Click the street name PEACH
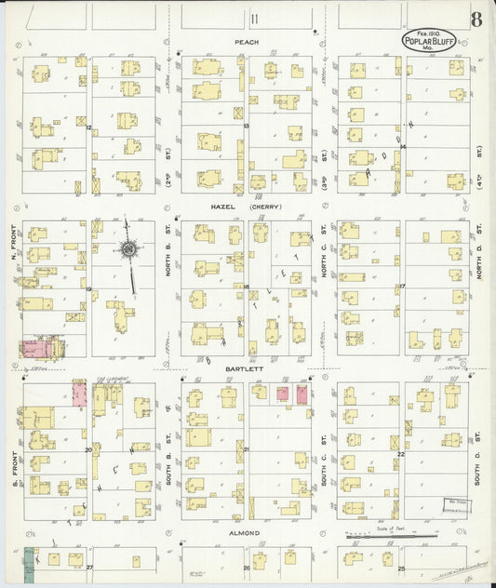click(x=246, y=42)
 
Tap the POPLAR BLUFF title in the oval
click(x=423, y=41)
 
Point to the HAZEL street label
click(x=224, y=207)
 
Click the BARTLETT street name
click(x=247, y=368)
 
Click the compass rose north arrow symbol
click(x=128, y=249)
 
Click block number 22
click(x=401, y=453)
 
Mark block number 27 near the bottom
click(x=90, y=567)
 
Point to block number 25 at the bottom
click(x=401, y=567)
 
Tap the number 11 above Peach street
click(x=251, y=18)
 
